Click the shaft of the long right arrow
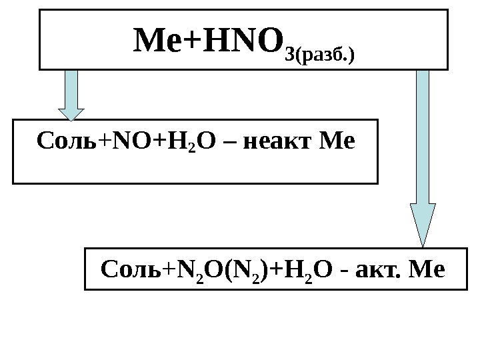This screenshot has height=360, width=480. coord(423,133)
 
